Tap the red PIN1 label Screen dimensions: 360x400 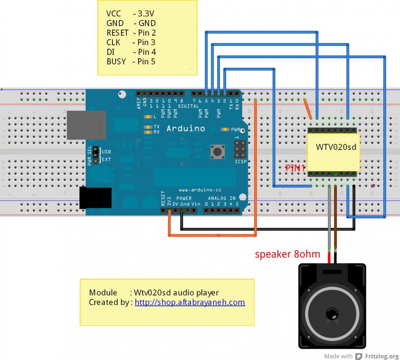(x=295, y=168)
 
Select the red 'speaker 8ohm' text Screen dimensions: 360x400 (x=288, y=254)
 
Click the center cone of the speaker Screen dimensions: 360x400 (x=332, y=313)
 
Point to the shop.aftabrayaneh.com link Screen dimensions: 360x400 (x=190, y=303)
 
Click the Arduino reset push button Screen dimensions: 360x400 (x=219, y=152)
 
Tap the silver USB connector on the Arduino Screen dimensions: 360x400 (x=87, y=125)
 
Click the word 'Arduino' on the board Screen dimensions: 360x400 (x=186, y=129)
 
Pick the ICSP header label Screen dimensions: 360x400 (x=241, y=161)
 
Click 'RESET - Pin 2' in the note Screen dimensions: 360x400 (x=131, y=33)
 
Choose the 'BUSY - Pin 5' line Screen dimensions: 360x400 (x=130, y=61)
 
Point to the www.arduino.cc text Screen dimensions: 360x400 (x=199, y=190)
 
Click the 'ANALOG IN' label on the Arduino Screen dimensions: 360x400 (x=222, y=198)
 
